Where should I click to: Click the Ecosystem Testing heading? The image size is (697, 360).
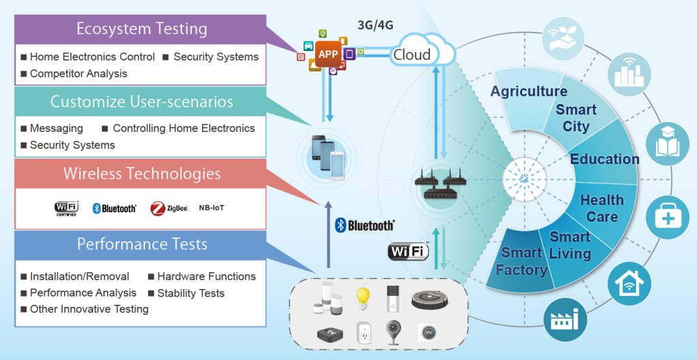click(142, 29)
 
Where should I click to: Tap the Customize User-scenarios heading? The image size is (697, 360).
click(142, 102)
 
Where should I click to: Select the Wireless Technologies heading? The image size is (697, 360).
click(142, 174)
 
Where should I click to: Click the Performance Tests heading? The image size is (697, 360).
click(142, 244)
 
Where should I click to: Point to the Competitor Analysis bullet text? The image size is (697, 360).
click(78, 73)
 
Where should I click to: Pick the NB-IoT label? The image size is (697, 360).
click(212, 208)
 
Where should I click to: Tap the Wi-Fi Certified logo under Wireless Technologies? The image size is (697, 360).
click(66, 208)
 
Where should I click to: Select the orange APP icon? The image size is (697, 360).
click(328, 54)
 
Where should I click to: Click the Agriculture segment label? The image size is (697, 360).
click(528, 91)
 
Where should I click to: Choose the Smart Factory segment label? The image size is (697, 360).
click(521, 261)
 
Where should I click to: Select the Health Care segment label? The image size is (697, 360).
click(602, 208)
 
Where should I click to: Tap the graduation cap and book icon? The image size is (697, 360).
click(667, 144)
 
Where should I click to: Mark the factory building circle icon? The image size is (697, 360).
click(564, 318)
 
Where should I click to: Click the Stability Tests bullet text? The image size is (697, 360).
click(190, 293)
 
